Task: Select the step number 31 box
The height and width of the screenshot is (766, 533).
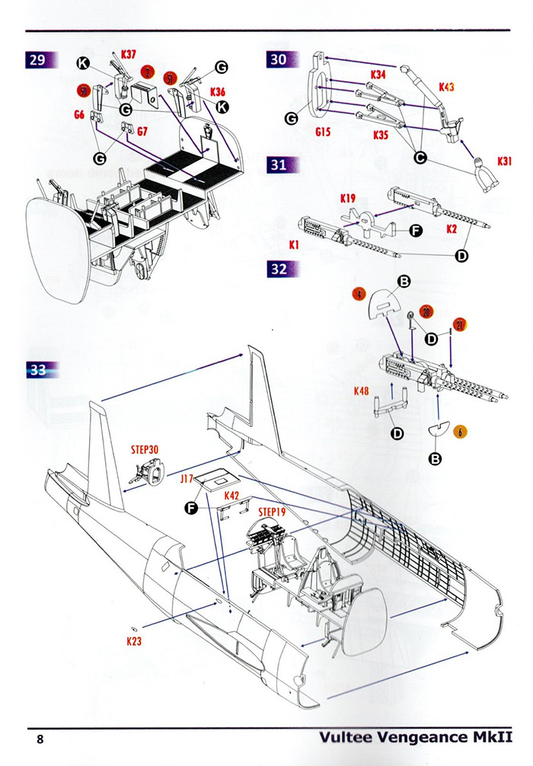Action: pyautogui.click(x=279, y=165)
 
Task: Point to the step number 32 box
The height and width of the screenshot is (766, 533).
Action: pyautogui.click(x=279, y=268)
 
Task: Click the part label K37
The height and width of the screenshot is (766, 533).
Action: pyautogui.click(x=129, y=55)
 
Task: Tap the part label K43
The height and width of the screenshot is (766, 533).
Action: pyautogui.click(x=445, y=88)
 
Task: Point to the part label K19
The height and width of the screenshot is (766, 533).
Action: pyautogui.click(x=348, y=199)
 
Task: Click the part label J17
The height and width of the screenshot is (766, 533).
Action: pyautogui.click(x=189, y=480)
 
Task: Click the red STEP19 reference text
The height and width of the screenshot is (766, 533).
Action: pyautogui.click(x=272, y=512)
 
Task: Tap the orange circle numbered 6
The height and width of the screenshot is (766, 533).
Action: pyautogui.click(x=461, y=432)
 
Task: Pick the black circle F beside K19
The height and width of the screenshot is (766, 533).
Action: pyautogui.click(x=416, y=227)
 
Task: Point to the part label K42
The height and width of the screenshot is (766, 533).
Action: pyautogui.click(x=232, y=496)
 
